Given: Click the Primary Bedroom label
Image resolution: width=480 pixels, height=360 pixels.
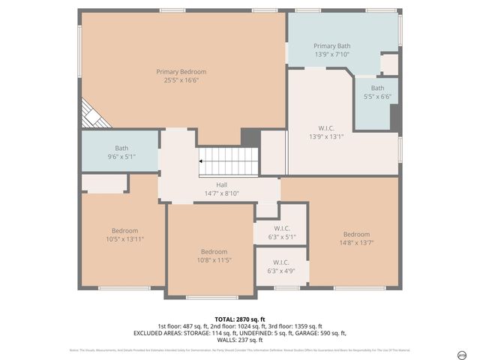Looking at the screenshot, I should point(181,71).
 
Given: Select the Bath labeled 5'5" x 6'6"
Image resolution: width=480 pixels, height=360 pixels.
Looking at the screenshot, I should point(376,92).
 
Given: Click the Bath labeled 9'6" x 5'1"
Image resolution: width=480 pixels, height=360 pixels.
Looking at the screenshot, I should point(121,152).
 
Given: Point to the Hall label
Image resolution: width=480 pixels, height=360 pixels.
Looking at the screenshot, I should point(221,184).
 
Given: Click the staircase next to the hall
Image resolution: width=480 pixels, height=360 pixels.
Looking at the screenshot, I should point(229,160).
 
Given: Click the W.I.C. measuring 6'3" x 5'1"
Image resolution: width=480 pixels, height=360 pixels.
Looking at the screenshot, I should point(282,232).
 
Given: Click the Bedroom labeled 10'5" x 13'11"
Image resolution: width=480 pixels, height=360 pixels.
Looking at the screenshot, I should point(124,234).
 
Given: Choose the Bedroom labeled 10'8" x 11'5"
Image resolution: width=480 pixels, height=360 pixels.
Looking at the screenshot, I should point(211,256).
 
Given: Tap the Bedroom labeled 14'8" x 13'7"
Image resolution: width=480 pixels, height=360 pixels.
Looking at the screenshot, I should point(356,238).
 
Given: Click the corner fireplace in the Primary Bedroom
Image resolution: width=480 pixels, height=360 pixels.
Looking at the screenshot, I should point(93,114).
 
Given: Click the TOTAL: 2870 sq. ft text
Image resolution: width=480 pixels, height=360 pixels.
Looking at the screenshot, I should point(240,319).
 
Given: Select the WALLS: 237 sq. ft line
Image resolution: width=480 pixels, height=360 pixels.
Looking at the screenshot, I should point(240,340).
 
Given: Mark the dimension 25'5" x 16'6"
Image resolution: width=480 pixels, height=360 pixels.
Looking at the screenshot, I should point(181,79).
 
